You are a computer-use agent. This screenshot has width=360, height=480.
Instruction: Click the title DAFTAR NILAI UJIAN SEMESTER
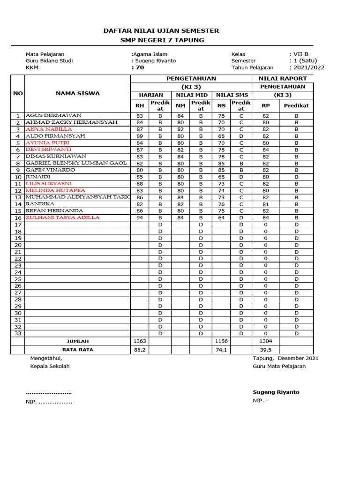click(x=162, y=30)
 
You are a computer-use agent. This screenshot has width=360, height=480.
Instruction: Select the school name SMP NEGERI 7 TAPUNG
click(x=162, y=40)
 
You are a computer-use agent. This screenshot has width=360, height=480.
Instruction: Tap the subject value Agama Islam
click(x=150, y=54)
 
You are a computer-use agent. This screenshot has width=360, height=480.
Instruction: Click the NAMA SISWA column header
click(x=77, y=93)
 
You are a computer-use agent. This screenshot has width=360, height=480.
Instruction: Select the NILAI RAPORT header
click(x=283, y=78)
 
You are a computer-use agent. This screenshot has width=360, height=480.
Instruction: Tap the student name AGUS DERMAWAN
click(x=53, y=115)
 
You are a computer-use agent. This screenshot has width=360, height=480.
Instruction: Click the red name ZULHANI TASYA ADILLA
click(x=62, y=217)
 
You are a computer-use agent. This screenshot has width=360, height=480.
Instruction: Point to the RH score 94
click(x=140, y=217)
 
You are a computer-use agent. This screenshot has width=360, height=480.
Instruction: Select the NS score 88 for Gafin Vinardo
click(x=222, y=170)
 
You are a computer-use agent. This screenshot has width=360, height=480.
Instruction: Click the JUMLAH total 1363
click(x=140, y=341)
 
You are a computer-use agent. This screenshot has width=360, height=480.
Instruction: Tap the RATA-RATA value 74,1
click(x=222, y=350)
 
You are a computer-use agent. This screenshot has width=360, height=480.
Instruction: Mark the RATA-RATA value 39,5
click(x=265, y=350)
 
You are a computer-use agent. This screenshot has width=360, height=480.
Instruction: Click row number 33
click(x=18, y=333)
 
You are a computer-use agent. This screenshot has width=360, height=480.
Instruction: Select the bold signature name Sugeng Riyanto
click(x=276, y=392)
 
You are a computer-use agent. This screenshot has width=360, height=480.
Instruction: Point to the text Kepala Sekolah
click(x=50, y=366)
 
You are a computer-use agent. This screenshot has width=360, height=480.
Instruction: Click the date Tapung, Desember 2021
click(x=285, y=358)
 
